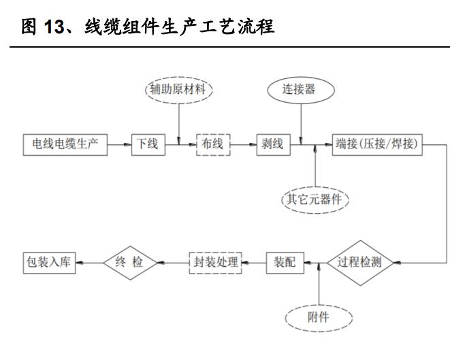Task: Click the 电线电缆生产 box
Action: [x=65, y=145]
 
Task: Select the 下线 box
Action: [x=148, y=145]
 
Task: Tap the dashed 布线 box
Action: [x=213, y=145]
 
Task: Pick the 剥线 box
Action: [x=272, y=145]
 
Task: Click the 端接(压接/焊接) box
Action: [x=378, y=145]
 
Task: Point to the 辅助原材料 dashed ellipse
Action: [x=179, y=90]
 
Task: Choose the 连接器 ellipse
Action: [x=300, y=89]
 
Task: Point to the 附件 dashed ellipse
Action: [x=319, y=317]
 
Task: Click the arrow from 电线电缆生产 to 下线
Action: [x=120, y=145]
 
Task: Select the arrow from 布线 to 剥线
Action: [x=243, y=145]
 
